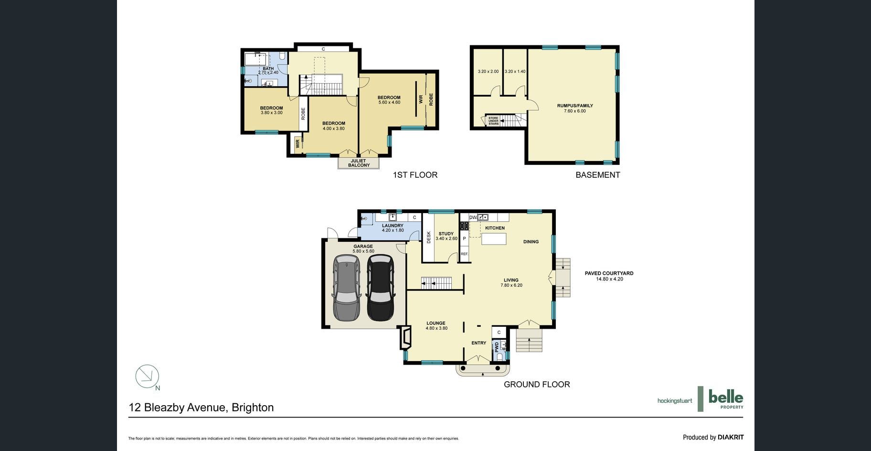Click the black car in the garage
click(x=380, y=288)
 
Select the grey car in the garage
click(x=347, y=288)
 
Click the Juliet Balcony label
click(x=359, y=163)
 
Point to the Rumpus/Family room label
click(x=575, y=108)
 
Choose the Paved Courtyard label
click(x=609, y=276)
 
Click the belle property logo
click(x=721, y=399)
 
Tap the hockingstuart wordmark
click(x=674, y=401)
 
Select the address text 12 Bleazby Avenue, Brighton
click(x=201, y=408)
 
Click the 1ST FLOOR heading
click(x=415, y=175)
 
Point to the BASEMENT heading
click(x=598, y=175)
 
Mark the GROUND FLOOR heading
click(x=537, y=384)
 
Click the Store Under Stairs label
click(x=493, y=121)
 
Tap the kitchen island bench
click(x=494, y=239)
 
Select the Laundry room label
click(x=393, y=228)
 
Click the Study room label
click(x=446, y=236)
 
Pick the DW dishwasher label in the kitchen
click(x=473, y=217)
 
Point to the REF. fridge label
click(x=464, y=254)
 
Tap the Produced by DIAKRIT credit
click(x=713, y=437)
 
